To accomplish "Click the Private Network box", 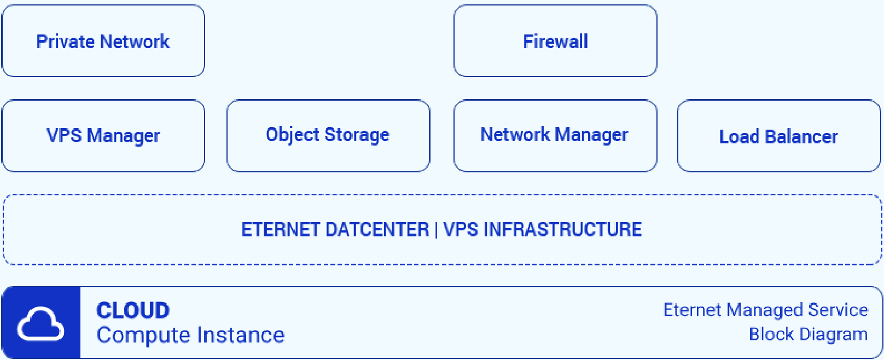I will click(x=103, y=41).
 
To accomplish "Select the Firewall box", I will click(x=555, y=41).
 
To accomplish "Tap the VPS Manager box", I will click(x=103, y=136).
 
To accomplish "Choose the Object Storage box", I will click(x=328, y=136).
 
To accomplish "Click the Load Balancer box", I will click(x=779, y=136).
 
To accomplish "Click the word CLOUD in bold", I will click(x=133, y=311).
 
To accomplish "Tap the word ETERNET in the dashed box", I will click(x=281, y=230).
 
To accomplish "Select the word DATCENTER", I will click(x=377, y=230).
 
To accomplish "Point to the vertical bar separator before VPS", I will click(x=436, y=230).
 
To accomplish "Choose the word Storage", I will click(x=357, y=135).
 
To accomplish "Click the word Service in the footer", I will click(x=838, y=310).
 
